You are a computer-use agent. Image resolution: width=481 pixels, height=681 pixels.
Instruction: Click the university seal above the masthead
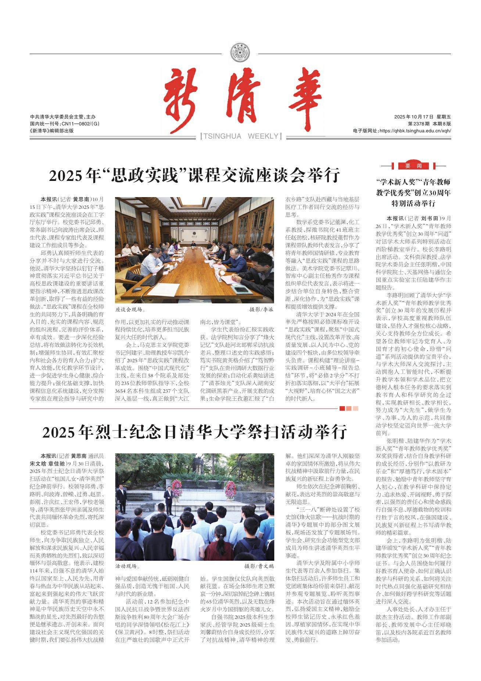coord(240,53)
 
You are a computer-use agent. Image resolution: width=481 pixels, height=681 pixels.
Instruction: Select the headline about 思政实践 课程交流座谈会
coord(194,176)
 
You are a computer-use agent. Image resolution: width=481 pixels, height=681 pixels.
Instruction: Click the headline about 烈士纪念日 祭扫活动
coord(194,432)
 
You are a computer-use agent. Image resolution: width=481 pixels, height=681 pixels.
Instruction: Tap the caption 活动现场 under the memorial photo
coord(128,566)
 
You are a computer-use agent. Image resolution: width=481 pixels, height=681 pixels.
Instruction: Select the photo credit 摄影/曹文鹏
coord(259,566)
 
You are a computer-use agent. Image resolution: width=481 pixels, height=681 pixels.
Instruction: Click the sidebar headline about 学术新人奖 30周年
coord(414,192)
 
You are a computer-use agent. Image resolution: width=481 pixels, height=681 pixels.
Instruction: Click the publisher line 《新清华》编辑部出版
coord(52,131)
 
